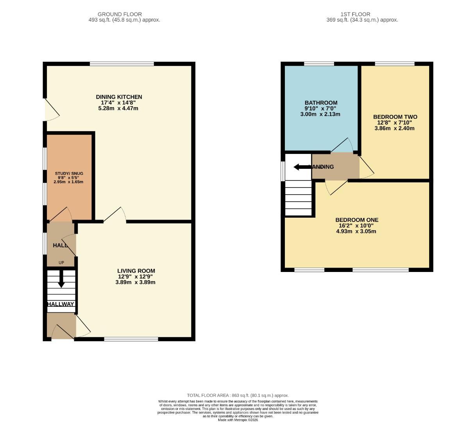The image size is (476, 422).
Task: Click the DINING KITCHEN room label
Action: tap(119, 97)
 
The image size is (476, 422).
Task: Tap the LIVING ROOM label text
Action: tap(136, 271)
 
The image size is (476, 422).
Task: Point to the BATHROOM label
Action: tap(320, 103)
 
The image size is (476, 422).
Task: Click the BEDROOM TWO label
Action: tap(395, 117)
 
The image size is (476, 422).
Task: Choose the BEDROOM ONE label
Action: tap(356, 220)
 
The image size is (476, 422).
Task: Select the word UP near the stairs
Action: tap(61, 263)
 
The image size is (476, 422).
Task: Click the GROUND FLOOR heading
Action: tap(120, 14)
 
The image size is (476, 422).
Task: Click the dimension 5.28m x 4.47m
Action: tap(118, 108)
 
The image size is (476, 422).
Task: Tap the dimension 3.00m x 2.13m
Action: tap(320, 114)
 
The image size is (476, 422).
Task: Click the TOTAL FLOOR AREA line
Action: tap(238, 395)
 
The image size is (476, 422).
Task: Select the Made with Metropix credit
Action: tap(238, 420)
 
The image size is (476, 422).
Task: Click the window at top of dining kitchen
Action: tap(122, 64)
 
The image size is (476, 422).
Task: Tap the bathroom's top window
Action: tap(319, 64)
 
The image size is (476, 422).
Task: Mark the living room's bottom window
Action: tap(131, 339)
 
